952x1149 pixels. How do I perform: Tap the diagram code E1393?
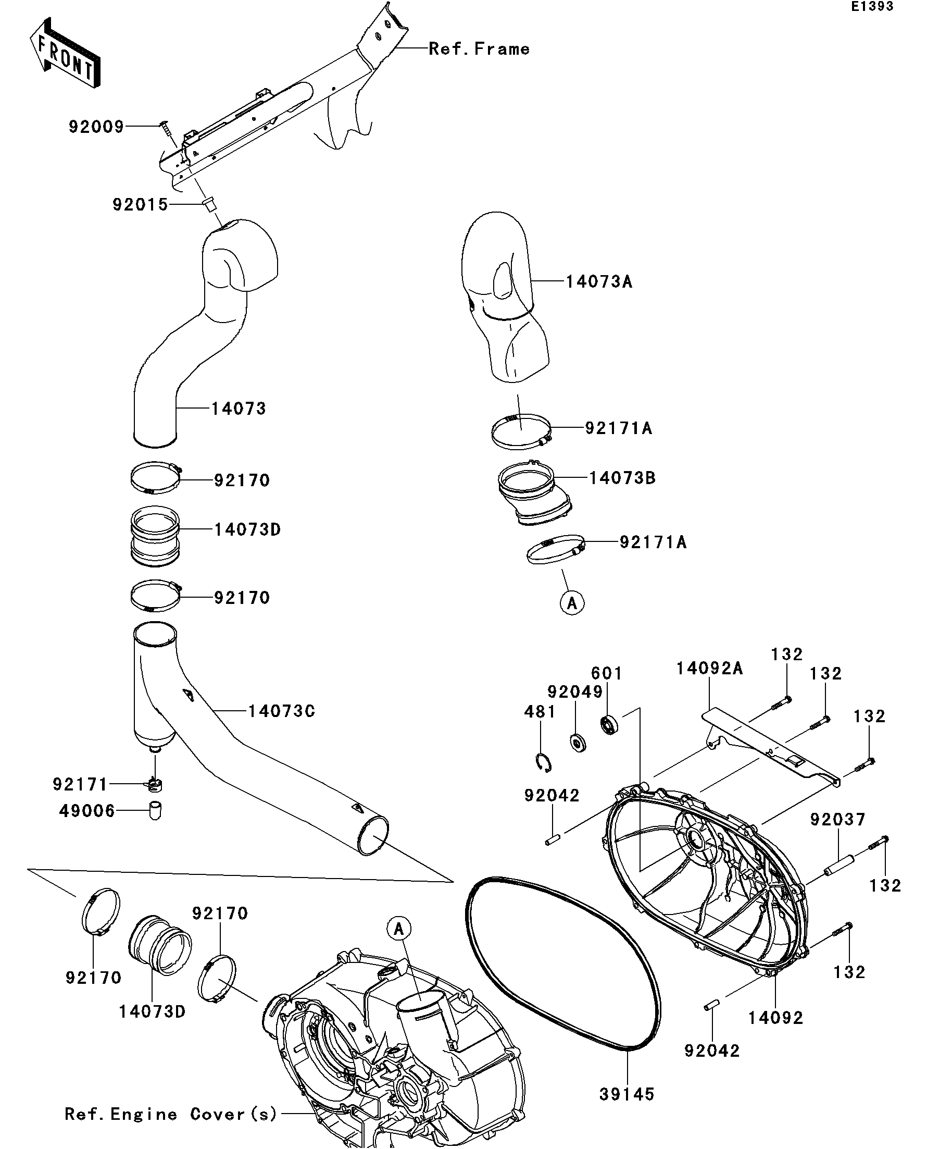(872, 7)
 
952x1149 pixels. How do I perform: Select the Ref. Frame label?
(479, 49)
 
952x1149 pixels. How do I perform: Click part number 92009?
(96, 127)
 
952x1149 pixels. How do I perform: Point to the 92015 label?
(140, 205)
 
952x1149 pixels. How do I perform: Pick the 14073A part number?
(599, 282)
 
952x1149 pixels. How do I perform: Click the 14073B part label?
(622, 478)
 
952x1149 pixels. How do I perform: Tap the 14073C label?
(282, 711)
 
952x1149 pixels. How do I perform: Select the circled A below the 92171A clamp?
(572, 603)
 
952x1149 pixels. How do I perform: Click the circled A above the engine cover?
(398, 929)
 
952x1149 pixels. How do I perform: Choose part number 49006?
(87, 811)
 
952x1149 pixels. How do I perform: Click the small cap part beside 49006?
(156, 810)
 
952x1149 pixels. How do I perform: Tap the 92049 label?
(575, 692)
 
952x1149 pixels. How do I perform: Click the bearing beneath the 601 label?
(609, 724)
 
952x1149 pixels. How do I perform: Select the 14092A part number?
(710, 669)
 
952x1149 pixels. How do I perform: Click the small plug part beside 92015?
(208, 205)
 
